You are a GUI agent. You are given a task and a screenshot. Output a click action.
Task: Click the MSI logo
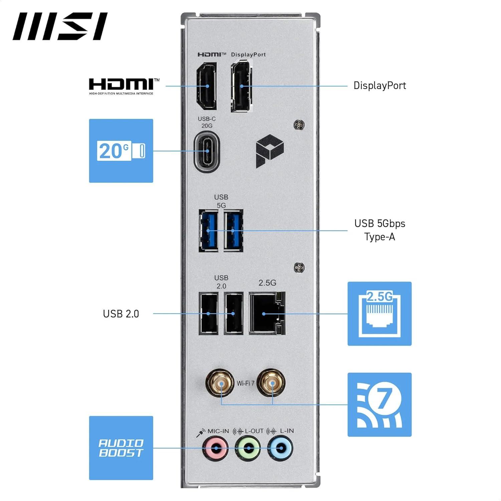[x=60, y=26]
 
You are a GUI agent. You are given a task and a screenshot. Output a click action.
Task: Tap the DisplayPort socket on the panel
[x=241, y=86]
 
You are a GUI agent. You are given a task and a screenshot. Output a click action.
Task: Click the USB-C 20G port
[x=207, y=152]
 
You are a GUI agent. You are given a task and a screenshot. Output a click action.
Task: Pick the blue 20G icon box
[x=121, y=151]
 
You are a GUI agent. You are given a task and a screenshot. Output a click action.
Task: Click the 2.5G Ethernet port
[x=267, y=313]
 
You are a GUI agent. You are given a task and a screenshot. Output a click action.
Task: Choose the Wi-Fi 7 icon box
[x=379, y=404]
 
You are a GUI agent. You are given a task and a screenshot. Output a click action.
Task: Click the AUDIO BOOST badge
[x=121, y=448]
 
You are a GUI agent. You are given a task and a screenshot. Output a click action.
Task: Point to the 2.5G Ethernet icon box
[x=379, y=313]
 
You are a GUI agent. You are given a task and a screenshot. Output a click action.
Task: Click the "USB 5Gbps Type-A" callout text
[x=379, y=230]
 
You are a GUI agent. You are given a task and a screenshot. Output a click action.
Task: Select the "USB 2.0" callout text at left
[x=121, y=314]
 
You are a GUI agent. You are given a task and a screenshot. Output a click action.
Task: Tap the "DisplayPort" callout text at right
[x=379, y=86]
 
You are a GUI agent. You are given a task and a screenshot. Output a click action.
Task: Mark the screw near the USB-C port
[x=299, y=125]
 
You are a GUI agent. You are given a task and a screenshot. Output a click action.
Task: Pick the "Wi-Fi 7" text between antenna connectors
[x=245, y=383]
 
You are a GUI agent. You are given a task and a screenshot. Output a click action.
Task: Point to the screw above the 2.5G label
[x=299, y=268]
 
